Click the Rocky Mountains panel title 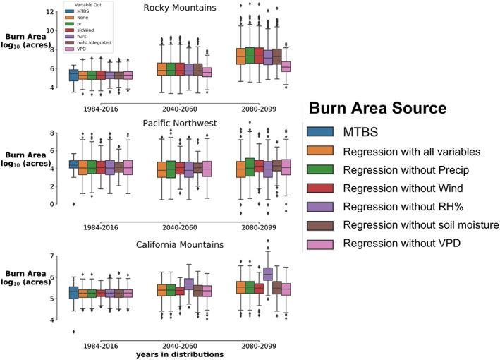(180, 8)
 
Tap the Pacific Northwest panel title (179, 123)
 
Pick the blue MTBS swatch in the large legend (322, 132)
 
